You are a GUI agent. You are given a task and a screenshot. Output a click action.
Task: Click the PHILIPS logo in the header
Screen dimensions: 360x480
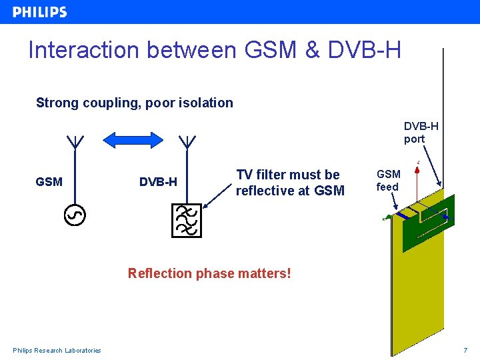pos(40,12)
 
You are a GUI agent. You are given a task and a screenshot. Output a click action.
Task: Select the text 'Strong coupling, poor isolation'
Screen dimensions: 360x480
pos(134,103)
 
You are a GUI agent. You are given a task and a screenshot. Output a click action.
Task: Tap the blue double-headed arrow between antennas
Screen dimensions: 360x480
pos(133,140)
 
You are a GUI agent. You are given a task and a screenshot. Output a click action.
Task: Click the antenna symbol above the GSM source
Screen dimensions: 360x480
pos(75,143)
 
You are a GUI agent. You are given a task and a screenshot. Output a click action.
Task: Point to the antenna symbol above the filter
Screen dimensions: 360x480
pos(187,143)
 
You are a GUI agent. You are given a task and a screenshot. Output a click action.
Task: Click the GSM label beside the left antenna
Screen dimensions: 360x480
pos(49,181)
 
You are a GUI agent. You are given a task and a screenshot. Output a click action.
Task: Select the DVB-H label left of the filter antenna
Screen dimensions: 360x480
pos(158,181)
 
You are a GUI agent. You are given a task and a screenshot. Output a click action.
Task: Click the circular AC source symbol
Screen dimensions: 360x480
pos(75,215)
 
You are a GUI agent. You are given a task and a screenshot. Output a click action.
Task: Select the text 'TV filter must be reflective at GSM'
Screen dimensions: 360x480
pos(290,183)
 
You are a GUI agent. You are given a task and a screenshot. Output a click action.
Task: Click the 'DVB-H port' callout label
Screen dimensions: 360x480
pos(421,133)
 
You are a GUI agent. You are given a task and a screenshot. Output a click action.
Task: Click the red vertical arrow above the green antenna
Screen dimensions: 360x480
pos(417,183)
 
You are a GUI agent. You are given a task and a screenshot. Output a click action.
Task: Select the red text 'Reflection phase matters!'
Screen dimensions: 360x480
pos(209,273)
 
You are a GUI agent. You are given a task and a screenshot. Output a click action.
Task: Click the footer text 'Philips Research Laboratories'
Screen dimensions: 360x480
pos(57,351)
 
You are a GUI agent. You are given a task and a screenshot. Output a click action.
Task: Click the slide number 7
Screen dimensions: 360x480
pos(465,351)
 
